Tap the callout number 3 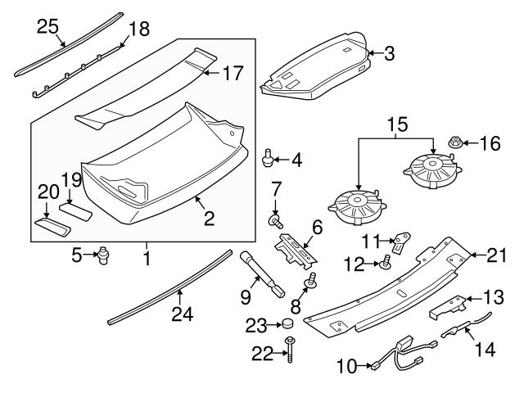tap(389, 55)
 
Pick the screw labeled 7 tap(277, 220)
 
